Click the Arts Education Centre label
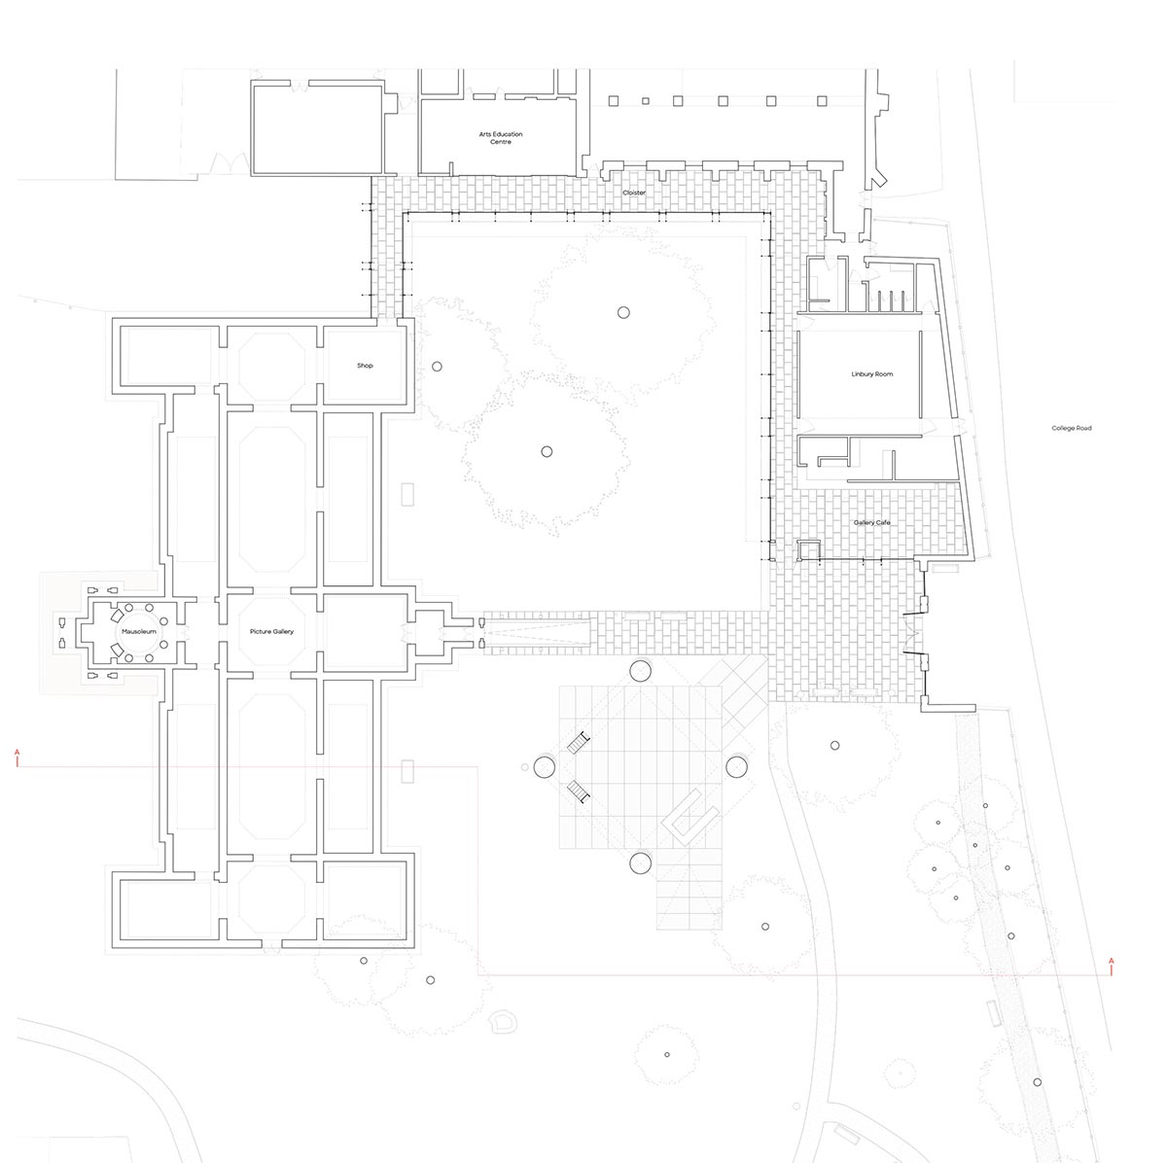[501, 137]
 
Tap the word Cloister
[634, 193]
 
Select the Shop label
[365, 366]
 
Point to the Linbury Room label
[872, 373]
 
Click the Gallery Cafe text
[872, 522]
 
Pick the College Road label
[1072, 428]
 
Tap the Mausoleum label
[139, 631]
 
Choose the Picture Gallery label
[271, 631]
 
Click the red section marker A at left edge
[18, 758]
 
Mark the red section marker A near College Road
[1111, 966]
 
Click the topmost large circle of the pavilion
[640, 671]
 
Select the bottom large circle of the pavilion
[640, 863]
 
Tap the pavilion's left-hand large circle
[545, 767]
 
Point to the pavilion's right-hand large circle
[736, 767]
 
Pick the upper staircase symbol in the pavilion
[579, 742]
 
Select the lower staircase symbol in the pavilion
[579, 792]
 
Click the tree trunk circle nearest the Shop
[437, 367]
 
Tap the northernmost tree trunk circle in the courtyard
[623, 312]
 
